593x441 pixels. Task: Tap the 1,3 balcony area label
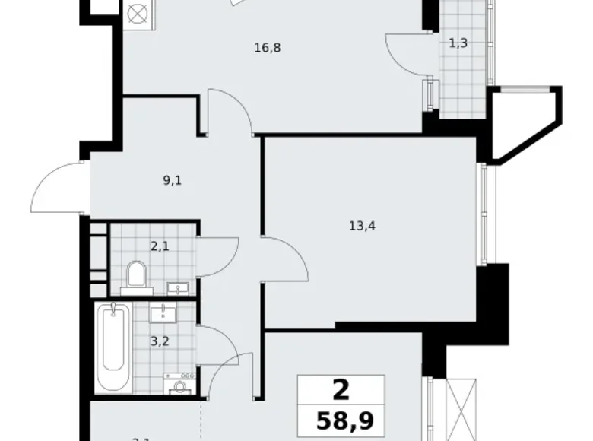point(458,43)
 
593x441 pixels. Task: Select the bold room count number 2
point(341,390)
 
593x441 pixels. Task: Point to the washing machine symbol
point(181,385)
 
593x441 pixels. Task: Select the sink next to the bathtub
point(162,313)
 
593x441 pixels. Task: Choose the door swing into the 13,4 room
point(285,259)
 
